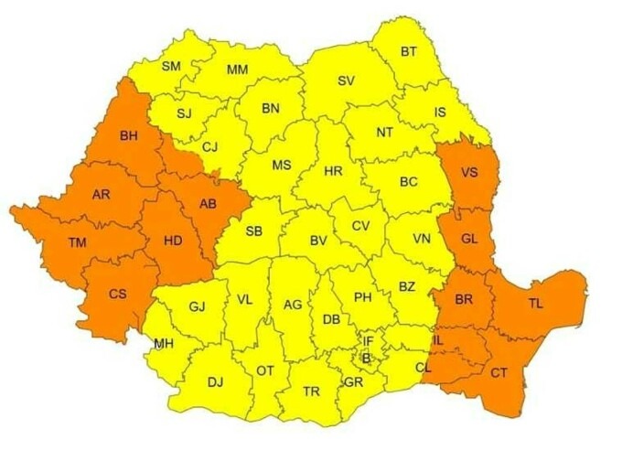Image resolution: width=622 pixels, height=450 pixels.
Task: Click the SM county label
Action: (x=171, y=66)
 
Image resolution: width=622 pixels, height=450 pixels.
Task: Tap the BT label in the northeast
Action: (x=408, y=52)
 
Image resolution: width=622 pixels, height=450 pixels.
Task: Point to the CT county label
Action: (x=499, y=372)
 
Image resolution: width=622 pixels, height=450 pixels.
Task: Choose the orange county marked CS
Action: (x=118, y=294)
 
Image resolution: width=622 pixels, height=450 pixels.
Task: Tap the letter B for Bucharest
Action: (x=367, y=358)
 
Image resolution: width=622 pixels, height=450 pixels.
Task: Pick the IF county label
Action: (x=368, y=340)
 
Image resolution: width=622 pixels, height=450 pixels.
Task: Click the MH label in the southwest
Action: (x=164, y=344)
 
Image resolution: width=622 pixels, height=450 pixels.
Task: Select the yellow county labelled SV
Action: (x=346, y=80)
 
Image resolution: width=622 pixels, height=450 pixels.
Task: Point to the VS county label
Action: (x=470, y=172)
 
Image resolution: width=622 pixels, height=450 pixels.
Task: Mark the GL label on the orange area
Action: (x=469, y=238)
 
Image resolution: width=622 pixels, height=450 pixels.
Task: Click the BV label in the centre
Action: (x=318, y=241)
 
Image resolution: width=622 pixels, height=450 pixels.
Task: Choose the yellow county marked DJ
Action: (x=215, y=382)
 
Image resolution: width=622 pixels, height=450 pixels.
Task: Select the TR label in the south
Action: (x=311, y=391)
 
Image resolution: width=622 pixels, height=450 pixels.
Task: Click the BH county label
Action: (x=129, y=137)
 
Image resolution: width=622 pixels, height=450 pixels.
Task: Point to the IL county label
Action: (x=438, y=340)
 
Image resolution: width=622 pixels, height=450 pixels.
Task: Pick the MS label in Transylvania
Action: (x=281, y=166)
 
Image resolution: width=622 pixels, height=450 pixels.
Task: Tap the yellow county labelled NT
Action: (x=384, y=133)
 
